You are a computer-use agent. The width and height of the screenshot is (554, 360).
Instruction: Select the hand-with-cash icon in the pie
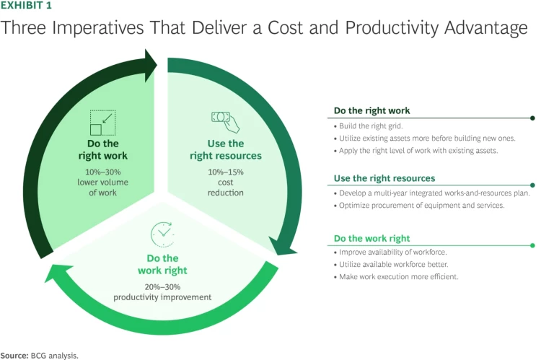221,120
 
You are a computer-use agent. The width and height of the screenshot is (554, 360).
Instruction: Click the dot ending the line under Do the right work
532,118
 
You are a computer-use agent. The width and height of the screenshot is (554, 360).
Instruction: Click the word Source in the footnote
14,355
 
